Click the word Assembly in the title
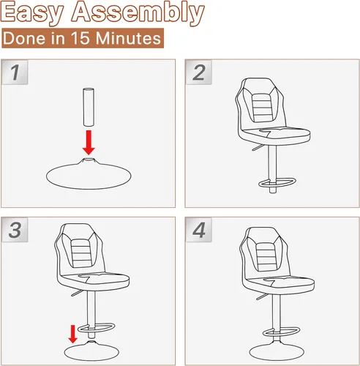(x=138, y=12)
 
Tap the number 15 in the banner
(x=80, y=38)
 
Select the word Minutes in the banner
(x=128, y=38)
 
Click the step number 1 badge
(x=15, y=72)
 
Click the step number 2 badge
(x=199, y=72)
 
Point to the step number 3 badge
(x=15, y=230)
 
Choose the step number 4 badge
(x=199, y=230)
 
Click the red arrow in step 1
(x=89, y=143)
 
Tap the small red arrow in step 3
(x=72, y=334)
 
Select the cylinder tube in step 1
(x=89, y=107)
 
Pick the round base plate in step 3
(x=91, y=351)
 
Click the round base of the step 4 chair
(x=277, y=351)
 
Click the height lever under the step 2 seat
(x=258, y=147)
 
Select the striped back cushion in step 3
(x=82, y=253)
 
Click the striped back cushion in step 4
(x=266, y=257)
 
